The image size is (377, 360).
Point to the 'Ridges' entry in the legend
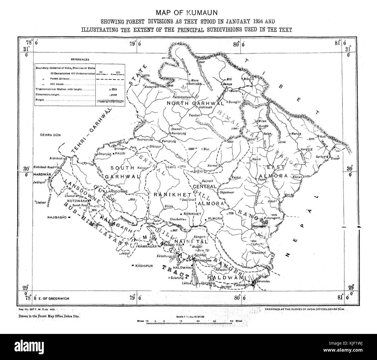41,100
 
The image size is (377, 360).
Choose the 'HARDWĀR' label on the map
42,174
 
